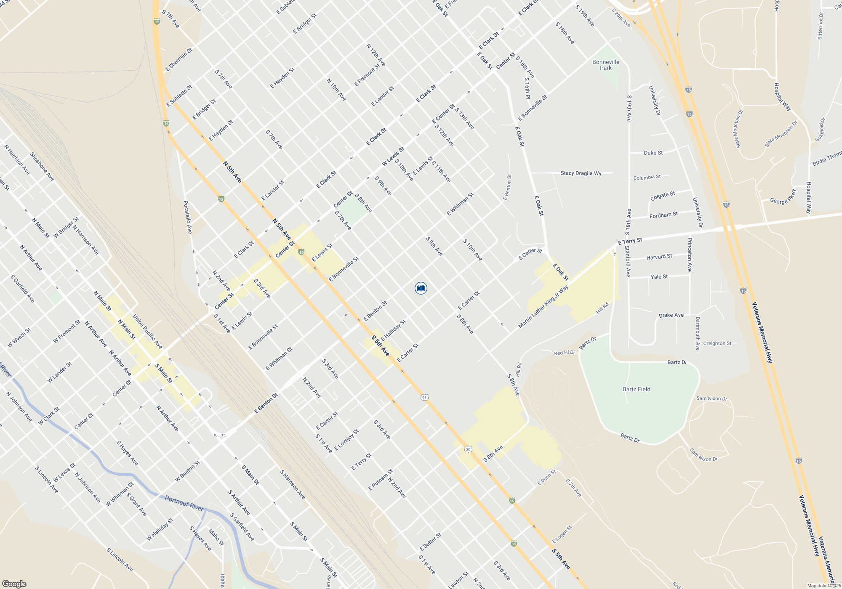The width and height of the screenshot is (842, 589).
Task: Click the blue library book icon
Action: click(x=421, y=288)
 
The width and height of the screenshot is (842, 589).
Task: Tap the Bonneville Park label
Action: click(x=606, y=65)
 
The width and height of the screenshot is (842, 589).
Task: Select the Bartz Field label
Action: click(x=636, y=389)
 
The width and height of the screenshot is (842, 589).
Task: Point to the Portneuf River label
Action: click(x=184, y=503)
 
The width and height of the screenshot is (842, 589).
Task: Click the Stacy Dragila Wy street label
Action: click(x=581, y=173)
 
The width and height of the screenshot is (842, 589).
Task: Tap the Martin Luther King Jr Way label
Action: click(x=543, y=307)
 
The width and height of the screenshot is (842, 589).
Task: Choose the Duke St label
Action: click(x=653, y=153)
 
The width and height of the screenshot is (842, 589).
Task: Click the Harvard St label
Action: click(x=659, y=257)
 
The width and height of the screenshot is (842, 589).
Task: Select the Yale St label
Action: click(x=659, y=277)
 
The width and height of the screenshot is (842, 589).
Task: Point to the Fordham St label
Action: click(x=663, y=215)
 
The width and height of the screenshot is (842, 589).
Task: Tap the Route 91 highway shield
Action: click(x=424, y=397)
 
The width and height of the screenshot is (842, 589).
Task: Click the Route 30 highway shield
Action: click(x=468, y=449)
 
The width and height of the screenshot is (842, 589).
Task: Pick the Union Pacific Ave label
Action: click(x=147, y=332)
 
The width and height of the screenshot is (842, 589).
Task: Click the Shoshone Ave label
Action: click(x=42, y=167)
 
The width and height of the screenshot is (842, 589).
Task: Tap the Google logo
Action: click(x=14, y=584)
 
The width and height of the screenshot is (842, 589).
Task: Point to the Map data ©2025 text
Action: click(x=823, y=586)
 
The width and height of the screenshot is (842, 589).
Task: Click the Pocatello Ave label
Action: click(x=187, y=217)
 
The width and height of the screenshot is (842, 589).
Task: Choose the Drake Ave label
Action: click(x=671, y=315)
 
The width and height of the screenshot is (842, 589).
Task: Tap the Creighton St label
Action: click(x=717, y=343)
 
